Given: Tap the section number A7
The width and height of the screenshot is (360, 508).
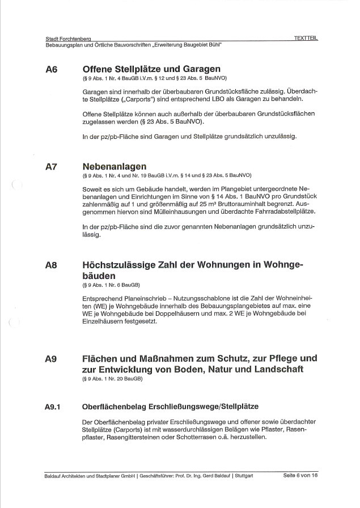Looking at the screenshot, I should pyautogui.click(x=52, y=167).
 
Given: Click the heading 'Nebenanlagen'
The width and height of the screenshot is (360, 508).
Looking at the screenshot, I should pyautogui.click(x=114, y=167).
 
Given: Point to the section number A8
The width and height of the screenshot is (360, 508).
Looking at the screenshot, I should pyautogui.click(x=52, y=264).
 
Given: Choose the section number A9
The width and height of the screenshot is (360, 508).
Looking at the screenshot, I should pyautogui.click(x=52, y=359).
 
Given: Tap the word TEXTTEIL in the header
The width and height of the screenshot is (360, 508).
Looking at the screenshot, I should pyautogui.click(x=306, y=37).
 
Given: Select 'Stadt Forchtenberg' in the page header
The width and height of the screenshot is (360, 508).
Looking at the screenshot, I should pyautogui.click(x=69, y=38).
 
